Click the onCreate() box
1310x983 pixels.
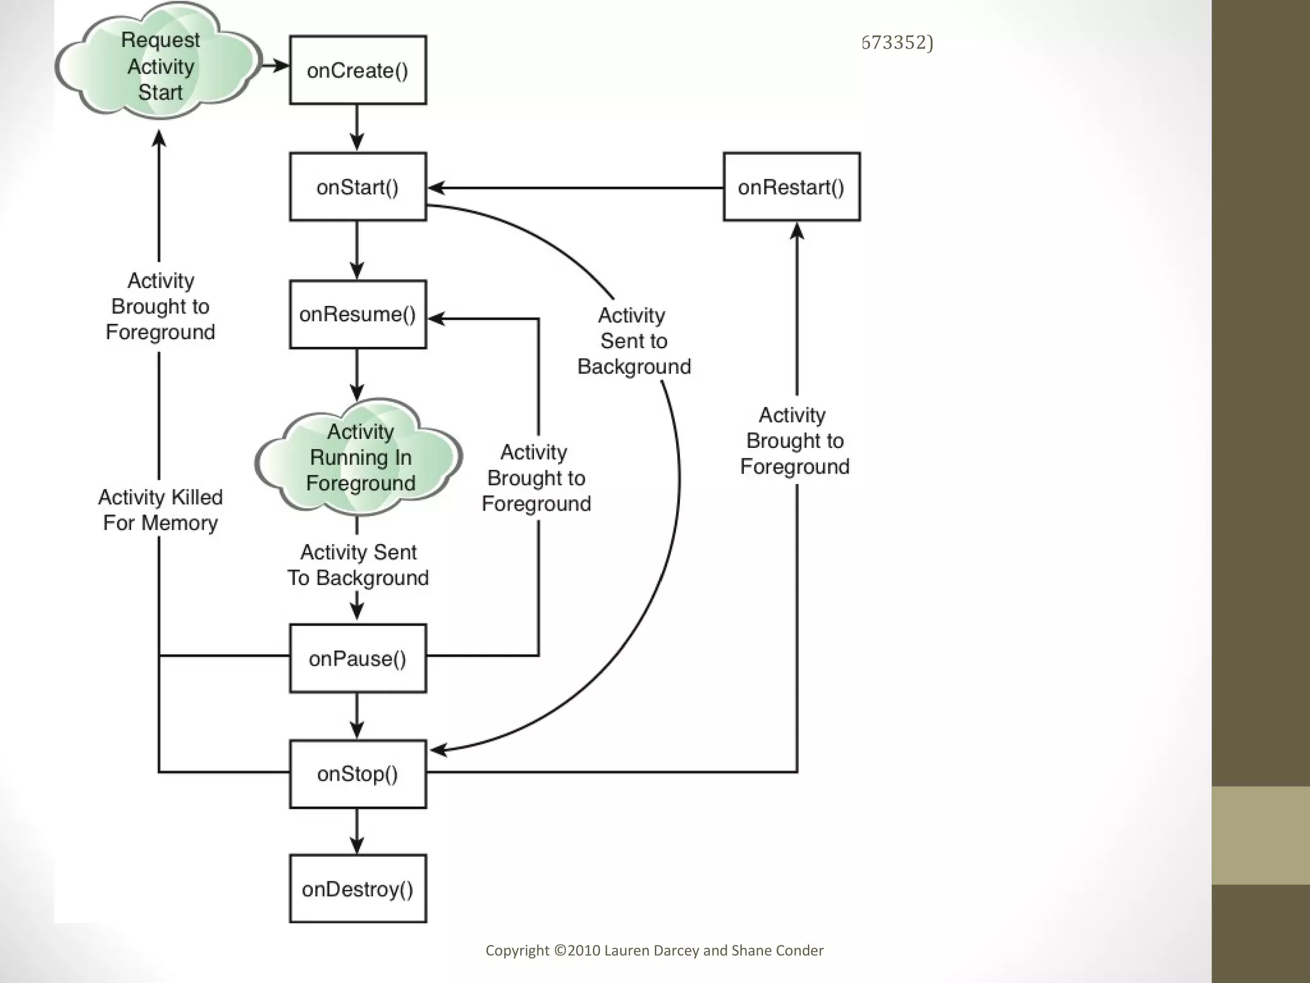pyautogui.click(x=358, y=70)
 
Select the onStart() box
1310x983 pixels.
pyautogui.click(x=358, y=187)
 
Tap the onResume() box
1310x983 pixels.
pyautogui.click(x=358, y=314)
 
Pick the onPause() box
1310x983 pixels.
pyautogui.click(x=358, y=659)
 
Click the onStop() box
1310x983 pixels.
pyautogui.click(x=358, y=774)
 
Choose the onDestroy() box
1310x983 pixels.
pyautogui.click(x=358, y=889)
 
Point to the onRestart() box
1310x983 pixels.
pyautogui.click(x=791, y=187)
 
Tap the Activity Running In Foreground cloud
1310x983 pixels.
pyautogui.click(x=360, y=458)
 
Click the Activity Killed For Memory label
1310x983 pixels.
pyautogui.click(x=160, y=510)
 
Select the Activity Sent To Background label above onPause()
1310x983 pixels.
pyautogui.click(x=358, y=564)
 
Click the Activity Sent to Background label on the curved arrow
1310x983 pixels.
pyautogui.click(x=633, y=340)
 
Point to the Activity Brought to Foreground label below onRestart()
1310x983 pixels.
pyautogui.click(x=794, y=440)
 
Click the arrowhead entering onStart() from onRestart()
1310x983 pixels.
pyautogui.click(x=437, y=188)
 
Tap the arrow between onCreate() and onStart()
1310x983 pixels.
pyautogui.click(x=357, y=128)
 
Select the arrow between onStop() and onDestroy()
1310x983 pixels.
pyautogui.click(x=357, y=831)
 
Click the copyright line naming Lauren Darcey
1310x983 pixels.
pyautogui.click(x=654, y=950)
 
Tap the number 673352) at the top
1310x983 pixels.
pyautogui.click(x=897, y=42)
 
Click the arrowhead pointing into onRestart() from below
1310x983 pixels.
pyautogui.click(x=797, y=230)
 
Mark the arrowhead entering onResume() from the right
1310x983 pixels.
pyautogui.click(x=437, y=318)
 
